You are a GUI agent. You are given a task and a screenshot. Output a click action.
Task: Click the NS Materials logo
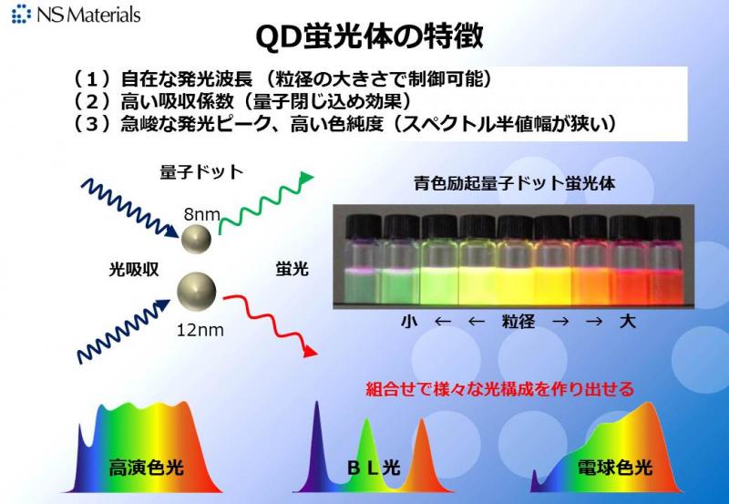pyautogui.click(x=76, y=14)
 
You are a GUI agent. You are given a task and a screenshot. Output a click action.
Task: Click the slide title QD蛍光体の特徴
pyautogui.click(x=370, y=36)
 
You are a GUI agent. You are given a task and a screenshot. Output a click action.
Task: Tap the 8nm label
pyautogui.click(x=201, y=214)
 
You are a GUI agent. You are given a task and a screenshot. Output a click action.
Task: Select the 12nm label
pyautogui.click(x=200, y=330)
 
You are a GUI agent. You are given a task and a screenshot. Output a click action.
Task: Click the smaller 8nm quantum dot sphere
pyautogui.click(x=196, y=239)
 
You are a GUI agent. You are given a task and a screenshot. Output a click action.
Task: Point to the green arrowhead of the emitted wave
pyautogui.click(x=307, y=178)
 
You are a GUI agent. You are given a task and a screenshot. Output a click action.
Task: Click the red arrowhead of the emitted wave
pyautogui.click(x=310, y=352)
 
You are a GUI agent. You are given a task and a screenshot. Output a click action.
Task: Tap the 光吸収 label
pyautogui.click(x=134, y=269)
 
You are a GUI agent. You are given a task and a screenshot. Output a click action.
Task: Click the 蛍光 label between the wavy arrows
pyautogui.click(x=292, y=269)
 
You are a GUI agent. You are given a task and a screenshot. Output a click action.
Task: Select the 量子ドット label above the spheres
pyautogui.click(x=201, y=172)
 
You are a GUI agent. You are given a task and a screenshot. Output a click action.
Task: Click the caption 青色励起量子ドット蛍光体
pyautogui.click(x=514, y=183)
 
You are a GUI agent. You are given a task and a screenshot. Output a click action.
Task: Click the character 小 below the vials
pyautogui.click(x=408, y=322)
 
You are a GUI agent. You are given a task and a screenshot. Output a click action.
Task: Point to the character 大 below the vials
pyautogui.click(x=627, y=322)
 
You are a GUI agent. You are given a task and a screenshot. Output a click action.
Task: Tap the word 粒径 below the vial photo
pyautogui.click(x=519, y=322)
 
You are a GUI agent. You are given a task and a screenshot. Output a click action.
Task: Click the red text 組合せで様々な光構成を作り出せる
pyautogui.click(x=499, y=388)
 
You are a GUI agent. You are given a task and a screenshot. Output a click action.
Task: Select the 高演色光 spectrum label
pyautogui.click(x=147, y=468)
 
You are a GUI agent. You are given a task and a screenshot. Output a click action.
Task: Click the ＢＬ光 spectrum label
pyautogui.click(x=375, y=468)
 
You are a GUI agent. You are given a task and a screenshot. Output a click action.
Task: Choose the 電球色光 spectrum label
pyautogui.click(x=615, y=468)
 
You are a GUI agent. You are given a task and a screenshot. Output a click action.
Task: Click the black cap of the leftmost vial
pyautogui.click(x=364, y=226)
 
